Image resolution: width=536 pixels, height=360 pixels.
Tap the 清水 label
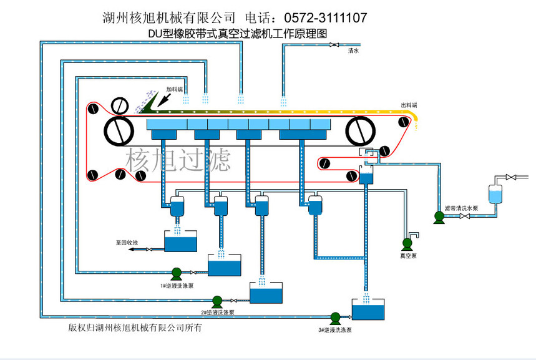[353, 52]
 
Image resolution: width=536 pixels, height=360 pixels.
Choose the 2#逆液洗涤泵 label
[217, 312]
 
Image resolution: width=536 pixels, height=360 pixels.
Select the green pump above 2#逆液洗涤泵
[217, 300]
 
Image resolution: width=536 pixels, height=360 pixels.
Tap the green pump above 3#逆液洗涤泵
[335, 317]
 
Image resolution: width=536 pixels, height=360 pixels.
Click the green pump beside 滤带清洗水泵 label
[439, 216]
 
